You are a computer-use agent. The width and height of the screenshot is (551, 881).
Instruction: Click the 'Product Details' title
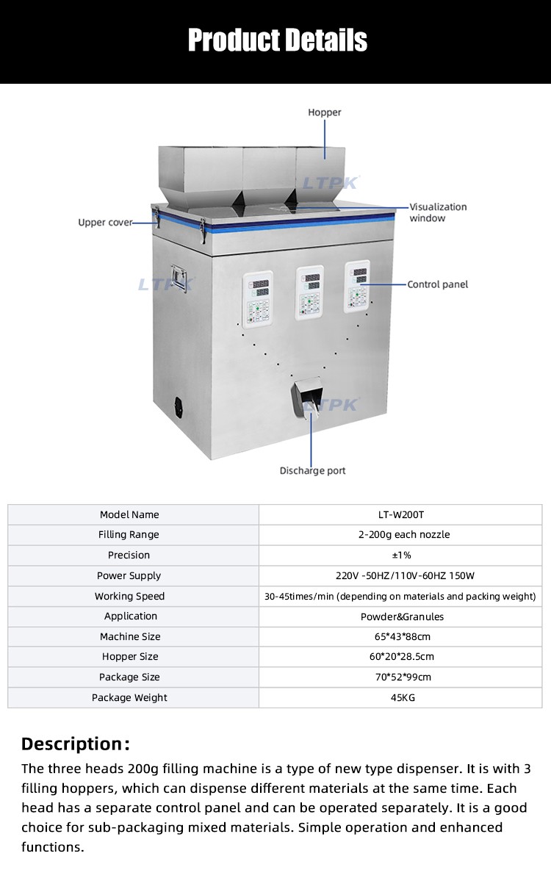point(278,40)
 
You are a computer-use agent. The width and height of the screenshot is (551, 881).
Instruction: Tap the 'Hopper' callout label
point(325,112)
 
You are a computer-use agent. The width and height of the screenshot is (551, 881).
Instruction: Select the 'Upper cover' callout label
point(105,223)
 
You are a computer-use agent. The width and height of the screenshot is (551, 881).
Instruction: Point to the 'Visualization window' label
point(438,212)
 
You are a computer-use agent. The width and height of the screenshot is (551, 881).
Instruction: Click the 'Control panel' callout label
point(438,284)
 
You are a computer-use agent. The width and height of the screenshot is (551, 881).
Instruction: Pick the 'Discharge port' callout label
point(313,471)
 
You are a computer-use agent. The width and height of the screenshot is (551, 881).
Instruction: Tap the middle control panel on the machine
point(309,292)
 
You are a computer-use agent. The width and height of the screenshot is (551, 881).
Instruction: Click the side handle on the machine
point(179,278)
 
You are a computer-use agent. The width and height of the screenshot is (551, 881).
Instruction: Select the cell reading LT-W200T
point(401,514)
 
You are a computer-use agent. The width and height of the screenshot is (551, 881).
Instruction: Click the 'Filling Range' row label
point(129,535)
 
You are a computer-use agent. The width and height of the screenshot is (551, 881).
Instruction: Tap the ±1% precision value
point(401,555)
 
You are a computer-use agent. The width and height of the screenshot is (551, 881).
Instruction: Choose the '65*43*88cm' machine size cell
point(401,636)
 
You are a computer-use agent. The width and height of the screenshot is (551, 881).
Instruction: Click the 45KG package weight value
point(403,698)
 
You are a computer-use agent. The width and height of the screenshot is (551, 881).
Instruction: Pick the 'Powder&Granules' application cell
point(401,616)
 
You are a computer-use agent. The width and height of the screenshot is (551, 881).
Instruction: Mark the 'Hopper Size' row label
point(130,657)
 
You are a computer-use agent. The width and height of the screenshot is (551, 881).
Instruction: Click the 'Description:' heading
point(76,744)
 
